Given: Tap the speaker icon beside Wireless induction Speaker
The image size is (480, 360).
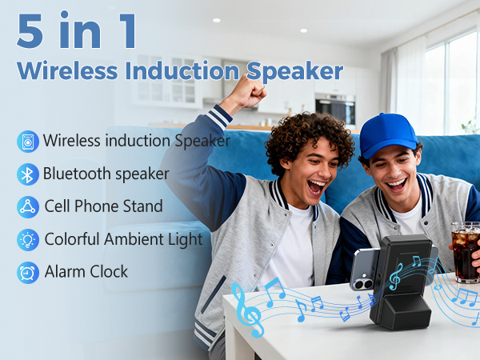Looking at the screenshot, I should click(x=28, y=142).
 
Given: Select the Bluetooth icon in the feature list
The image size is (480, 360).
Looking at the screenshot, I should click(x=28, y=174).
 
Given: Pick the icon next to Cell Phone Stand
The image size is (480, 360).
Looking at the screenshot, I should click(x=28, y=206).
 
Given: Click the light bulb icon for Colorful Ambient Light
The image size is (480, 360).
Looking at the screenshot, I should click(x=28, y=239).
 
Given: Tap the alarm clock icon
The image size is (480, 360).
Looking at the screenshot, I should click(x=28, y=272).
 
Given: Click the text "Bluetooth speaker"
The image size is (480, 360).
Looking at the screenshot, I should click(x=106, y=174).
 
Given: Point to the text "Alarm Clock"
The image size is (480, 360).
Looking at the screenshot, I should click(x=86, y=272).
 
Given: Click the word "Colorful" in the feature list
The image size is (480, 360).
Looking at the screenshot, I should click(x=72, y=239).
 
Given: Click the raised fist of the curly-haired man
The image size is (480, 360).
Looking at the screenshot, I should click(x=250, y=92).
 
